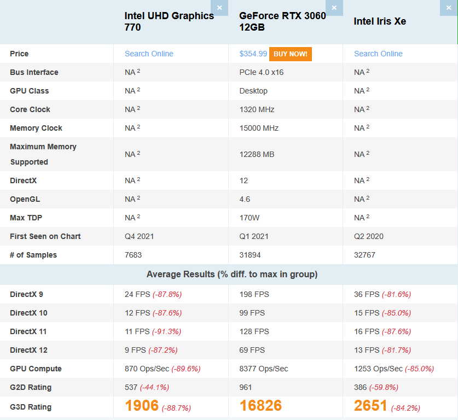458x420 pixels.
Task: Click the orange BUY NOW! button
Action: tap(290, 54)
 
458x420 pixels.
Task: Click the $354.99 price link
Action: tap(253, 54)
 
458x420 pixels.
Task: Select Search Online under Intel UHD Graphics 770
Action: tap(149, 54)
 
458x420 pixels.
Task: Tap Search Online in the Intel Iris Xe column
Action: tap(378, 54)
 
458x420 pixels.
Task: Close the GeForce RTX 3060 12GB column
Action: tap(334, 8)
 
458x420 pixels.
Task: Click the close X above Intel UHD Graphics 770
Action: tap(219, 8)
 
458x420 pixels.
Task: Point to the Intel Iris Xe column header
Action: tap(380, 21)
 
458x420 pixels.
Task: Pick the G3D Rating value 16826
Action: tap(260, 406)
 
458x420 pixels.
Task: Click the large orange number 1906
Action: tap(142, 406)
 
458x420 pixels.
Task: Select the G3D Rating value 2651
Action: tap(370, 406)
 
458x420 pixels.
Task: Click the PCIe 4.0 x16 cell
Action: tap(262, 72)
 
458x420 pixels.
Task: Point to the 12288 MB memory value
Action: tap(257, 154)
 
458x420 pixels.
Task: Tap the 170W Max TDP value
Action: tap(250, 218)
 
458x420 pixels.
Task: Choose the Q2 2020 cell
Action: tap(369, 236)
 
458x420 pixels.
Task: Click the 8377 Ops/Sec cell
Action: tap(264, 369)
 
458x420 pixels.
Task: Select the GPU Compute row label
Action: tap(36, 369)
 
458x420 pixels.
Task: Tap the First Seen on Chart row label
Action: tap(45, 236)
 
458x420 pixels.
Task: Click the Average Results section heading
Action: tap(232, 274)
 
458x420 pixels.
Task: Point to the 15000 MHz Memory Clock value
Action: tap(259, 128)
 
